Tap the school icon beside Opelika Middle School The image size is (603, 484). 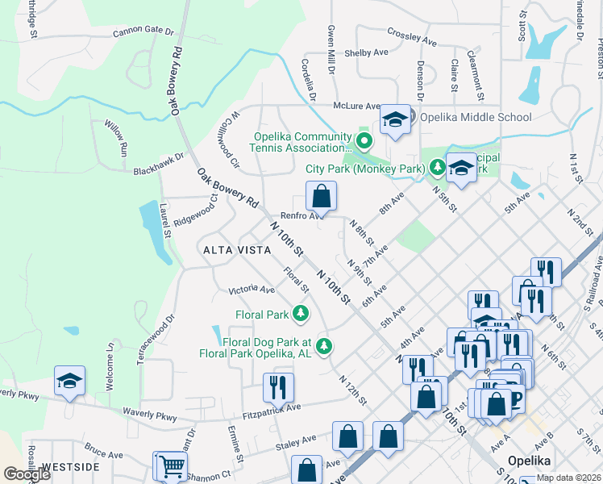[395, 121]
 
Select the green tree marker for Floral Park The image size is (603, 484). [301, 313]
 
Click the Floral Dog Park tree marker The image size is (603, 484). [324, 346]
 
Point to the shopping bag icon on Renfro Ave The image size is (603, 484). [321, 196]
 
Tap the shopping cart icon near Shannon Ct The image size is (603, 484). [170, 465]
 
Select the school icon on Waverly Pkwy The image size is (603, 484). [69, 381]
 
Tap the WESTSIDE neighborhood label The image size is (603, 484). [70, 467]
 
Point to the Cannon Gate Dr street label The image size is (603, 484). [143, 32]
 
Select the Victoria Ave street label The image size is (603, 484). [252, 289]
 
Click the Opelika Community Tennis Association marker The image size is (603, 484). [364, 143]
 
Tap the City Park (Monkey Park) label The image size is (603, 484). [365, 169]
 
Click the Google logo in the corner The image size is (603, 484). [27, 474]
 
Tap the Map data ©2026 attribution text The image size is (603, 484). [569, 478]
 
